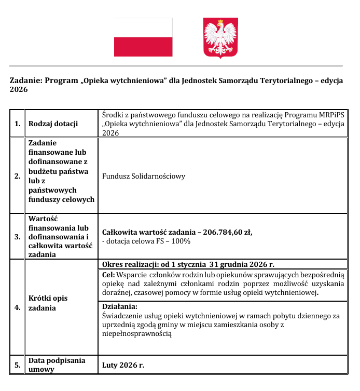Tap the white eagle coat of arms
[x=220, y=37]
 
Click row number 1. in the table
[x=18, y=124]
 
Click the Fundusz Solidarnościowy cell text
[x=144, y=176]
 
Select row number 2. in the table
[x=18, y=176]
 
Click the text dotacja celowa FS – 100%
[x=147, y=241]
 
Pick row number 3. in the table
[x=18, y=237]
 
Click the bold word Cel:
[x=108, y=274]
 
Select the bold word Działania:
[x=120, y=306]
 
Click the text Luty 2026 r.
[x=123, y=365]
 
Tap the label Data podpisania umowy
[x=57, y=365]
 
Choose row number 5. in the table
[x=18, y=365]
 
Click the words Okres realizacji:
[x=130, y=264]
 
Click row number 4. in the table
[x=18, y=307]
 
